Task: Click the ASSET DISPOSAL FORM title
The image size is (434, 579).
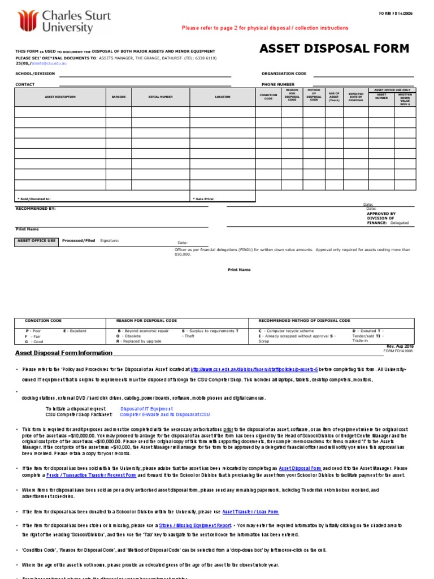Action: click(334, 49)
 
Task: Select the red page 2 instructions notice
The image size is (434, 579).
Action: click(264, 28)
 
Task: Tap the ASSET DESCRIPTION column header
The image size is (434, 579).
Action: click(60, 97)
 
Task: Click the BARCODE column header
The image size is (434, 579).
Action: click(119, 97)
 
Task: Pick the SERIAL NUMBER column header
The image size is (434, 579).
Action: click(160, 97)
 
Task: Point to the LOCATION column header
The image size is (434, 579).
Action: click(223, 97)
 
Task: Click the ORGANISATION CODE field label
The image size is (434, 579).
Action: click(284, 74)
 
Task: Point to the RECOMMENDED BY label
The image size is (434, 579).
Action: click(35, 208)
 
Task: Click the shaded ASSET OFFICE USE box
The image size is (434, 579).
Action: click(36, 241)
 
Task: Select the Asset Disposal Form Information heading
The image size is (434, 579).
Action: click(63, 353)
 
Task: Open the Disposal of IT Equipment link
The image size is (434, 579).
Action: click(147, 408)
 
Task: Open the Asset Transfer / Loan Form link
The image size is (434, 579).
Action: click(250, 512)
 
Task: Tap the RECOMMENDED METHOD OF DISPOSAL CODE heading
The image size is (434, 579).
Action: click(304, 321)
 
